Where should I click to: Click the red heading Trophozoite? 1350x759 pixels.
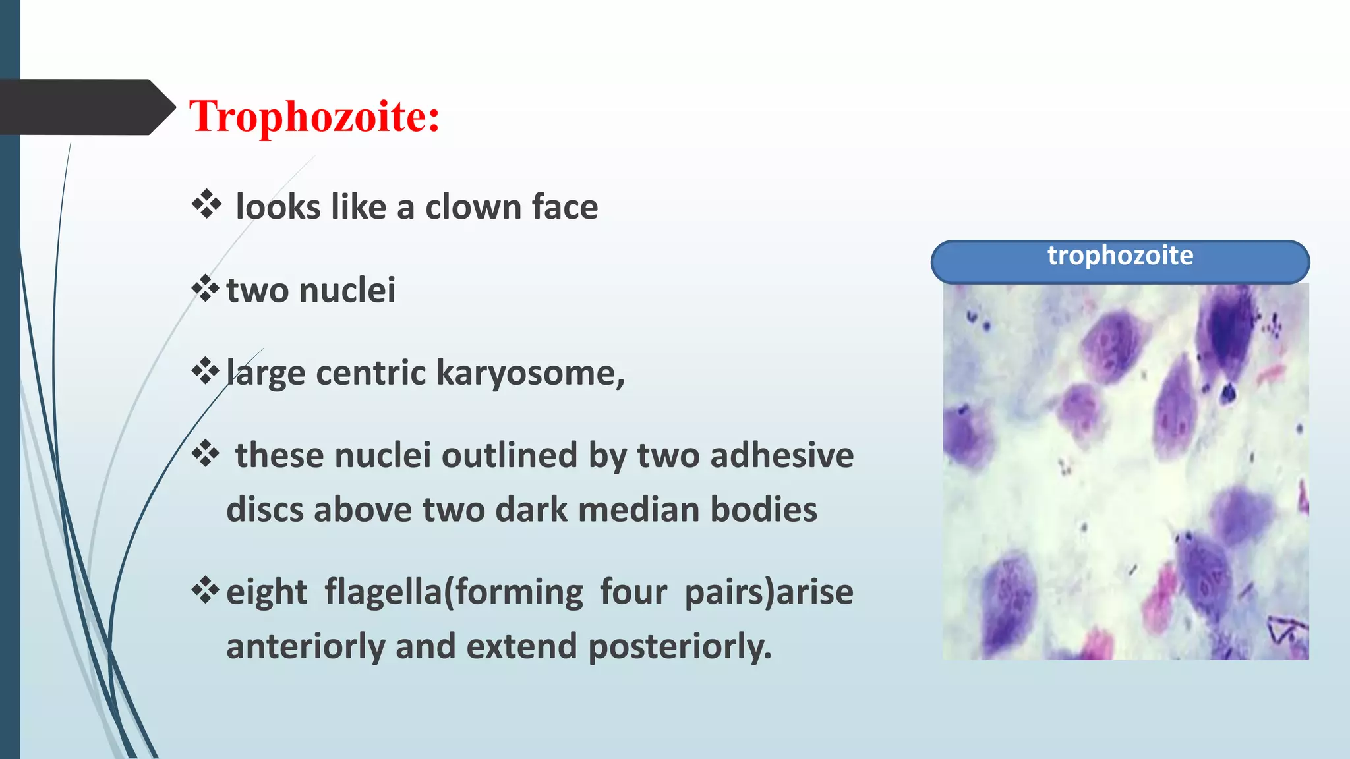(x=314, y=117)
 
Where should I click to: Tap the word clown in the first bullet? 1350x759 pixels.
(x=473, y=207)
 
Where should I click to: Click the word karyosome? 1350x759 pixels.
(x=530, y=374)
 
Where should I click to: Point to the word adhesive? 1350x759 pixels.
(x=782, y=455)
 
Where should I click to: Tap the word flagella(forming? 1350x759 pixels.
(x=454, y=592)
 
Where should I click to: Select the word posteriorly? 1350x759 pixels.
(x=680, y=646)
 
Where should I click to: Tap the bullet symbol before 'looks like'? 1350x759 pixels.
(x=206, y=205)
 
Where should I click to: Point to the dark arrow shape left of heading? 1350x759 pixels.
(x=86, y=107)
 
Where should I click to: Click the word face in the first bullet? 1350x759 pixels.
(x=565, y=207)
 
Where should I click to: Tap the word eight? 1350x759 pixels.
(x=266, y=592)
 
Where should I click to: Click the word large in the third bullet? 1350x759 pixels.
(x=265, y=374)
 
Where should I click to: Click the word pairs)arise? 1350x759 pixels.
(x=769, y=592)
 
